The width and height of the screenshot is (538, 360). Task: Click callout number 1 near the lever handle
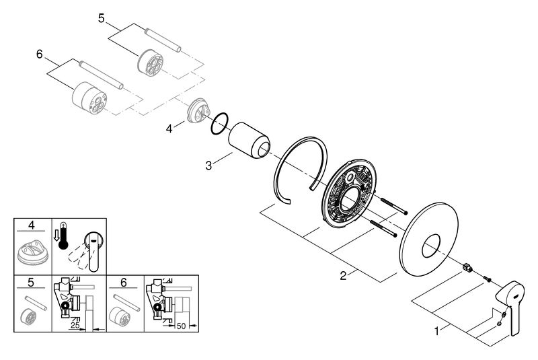click(437, 331)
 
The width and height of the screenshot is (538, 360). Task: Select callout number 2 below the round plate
click(342, 277)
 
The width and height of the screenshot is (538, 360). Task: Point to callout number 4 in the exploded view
click(171, 126)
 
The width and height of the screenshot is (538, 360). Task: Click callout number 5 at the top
click(102, 18)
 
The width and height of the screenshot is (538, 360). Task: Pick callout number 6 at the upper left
click(38, 52)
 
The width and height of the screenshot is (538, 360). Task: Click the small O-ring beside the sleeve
click(219, 124)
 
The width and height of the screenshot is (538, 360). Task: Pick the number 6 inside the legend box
click(124, 282)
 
